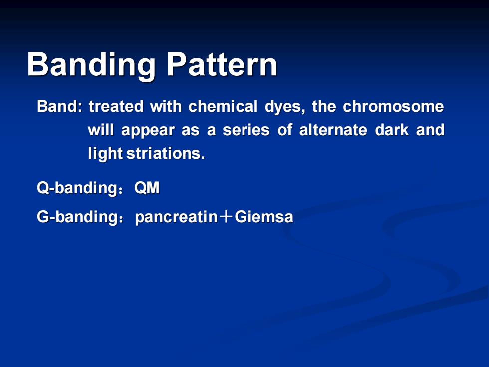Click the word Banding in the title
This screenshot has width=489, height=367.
tap(91, 64)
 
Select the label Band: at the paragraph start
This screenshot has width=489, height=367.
tap(60, 106)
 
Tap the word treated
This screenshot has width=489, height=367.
tap(116, 106)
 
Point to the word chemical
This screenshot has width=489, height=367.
tap(223, 106)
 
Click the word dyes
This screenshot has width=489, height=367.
tap(285, 107)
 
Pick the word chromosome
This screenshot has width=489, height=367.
tap(393, 106)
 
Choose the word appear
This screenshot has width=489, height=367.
tap(148, 130)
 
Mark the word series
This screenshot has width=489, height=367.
tap(246, 130)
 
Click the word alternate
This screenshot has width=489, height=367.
tap(333, 130)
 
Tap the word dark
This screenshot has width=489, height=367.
tap(392, 130)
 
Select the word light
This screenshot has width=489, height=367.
tap(105, 154)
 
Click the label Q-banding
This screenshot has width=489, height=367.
tap(77, 188)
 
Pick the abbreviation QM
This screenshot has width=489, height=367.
tap(147, 188)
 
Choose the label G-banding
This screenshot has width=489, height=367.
tap(77, 217)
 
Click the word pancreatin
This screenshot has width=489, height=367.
tap(176, 217)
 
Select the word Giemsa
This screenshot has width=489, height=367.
tap(264, 217)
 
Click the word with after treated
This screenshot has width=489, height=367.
tap(166, 106)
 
